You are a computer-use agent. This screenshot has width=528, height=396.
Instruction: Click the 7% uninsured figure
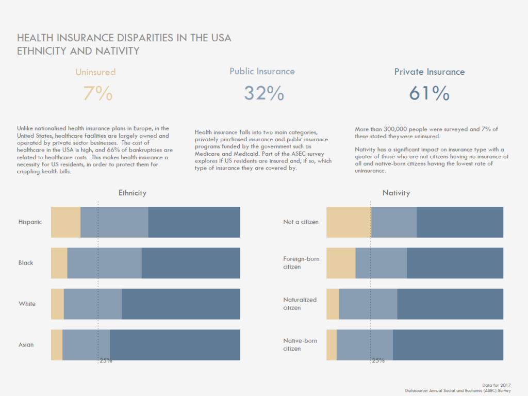(97, 93)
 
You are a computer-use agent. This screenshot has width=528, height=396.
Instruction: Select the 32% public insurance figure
(263, 93)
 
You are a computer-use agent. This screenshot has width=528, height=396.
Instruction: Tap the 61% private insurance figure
(429, 93)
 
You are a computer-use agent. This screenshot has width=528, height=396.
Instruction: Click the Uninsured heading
(95, 72)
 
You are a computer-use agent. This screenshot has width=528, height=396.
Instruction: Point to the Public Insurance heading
(262, 72)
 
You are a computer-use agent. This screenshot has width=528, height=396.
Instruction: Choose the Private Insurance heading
(430, 72)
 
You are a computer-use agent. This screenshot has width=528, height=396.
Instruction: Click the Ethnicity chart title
(133, 193)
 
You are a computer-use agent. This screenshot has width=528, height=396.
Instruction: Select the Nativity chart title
(396, 193)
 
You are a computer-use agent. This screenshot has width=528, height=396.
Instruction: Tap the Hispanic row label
(30, 222)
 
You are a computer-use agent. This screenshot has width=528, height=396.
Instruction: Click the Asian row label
(26, 344)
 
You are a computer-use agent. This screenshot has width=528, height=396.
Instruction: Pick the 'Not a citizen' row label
(301, 222)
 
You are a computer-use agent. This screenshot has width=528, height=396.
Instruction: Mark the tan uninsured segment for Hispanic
(65, 222)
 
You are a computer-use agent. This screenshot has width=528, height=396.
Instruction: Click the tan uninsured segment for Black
(59, 263)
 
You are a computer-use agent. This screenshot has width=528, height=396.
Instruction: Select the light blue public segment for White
(93, 304)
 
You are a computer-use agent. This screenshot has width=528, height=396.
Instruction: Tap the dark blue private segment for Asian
(175, 344)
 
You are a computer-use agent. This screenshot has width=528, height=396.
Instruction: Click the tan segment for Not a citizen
(349, 222)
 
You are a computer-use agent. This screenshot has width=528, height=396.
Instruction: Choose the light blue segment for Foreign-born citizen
(381, 263)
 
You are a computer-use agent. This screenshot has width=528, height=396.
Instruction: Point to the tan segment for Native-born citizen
(331, 344)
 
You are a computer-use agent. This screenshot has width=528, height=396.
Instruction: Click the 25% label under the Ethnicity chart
(106, 361)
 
